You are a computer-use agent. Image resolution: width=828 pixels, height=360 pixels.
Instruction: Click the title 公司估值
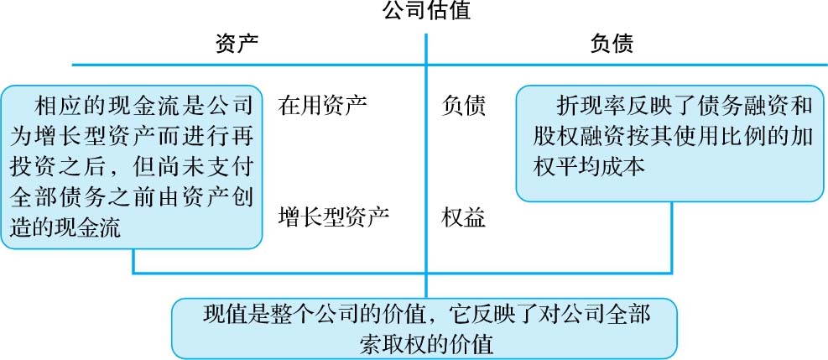[x=426, y=12]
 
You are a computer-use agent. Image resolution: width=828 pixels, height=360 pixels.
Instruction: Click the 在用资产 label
[x=323, y=107]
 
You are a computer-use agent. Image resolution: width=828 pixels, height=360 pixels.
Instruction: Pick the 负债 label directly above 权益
[x=463, y=107]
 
